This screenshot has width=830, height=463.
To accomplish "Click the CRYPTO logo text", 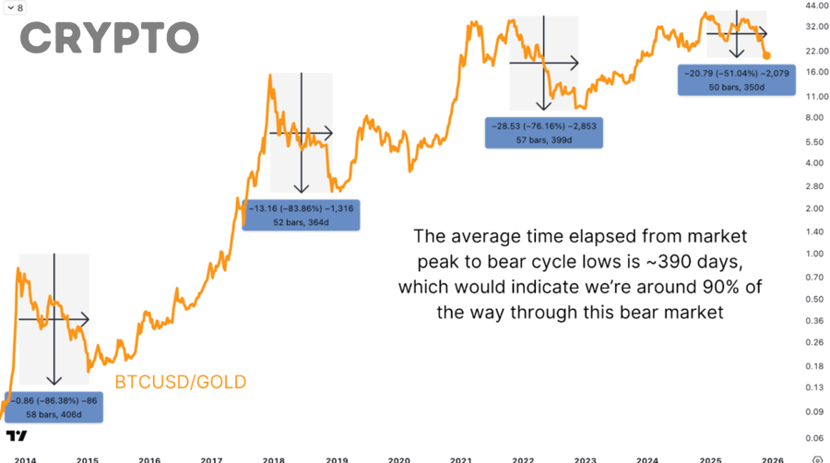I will tap(109, 38).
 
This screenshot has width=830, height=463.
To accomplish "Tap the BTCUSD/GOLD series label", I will tap(180, 382).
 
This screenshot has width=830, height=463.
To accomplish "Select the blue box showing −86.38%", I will tap(53, 408).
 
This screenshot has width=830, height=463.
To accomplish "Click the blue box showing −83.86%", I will tap(301, 214).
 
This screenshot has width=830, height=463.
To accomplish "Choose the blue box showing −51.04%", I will tap(736, 78).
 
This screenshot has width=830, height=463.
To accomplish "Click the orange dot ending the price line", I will tap(767, 55).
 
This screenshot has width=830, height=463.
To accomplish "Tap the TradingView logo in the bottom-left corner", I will tap(15, 435).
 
